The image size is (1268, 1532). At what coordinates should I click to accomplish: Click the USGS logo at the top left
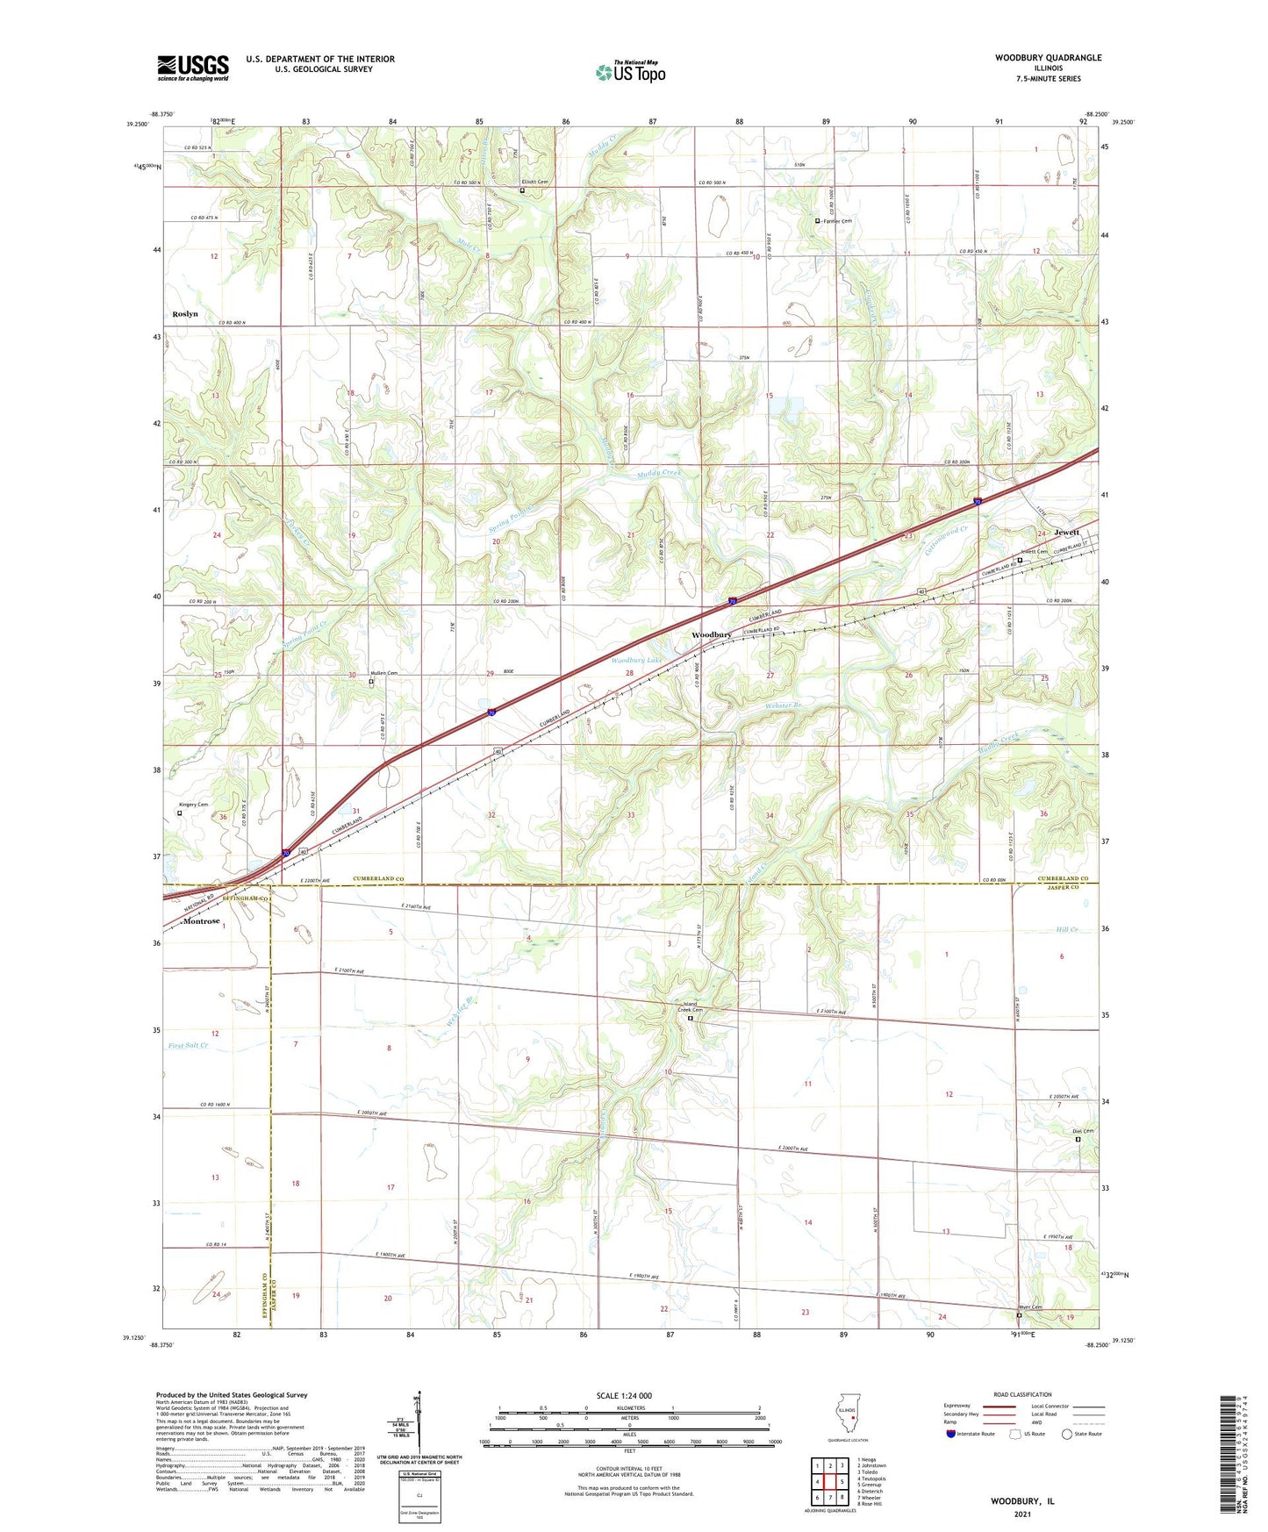(193, 67)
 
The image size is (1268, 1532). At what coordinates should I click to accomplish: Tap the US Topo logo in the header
(630, 72)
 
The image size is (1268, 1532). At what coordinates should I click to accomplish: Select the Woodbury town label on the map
(711, 634)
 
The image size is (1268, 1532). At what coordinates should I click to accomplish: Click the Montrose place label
(201, 921)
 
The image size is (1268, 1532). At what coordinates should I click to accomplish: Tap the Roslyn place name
(185, 313)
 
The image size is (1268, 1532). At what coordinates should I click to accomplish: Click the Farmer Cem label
(837, 221)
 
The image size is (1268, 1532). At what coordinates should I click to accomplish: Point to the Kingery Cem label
(194, 805)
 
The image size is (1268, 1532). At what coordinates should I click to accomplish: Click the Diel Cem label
(1084, 1131)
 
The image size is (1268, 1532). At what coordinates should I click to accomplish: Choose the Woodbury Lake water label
(635, 660)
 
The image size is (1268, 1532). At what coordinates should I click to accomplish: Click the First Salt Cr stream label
(188, 1045)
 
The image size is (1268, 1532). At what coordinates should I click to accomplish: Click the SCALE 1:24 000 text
(624, 1396)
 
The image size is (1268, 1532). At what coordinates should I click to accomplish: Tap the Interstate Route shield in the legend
(950, 1434)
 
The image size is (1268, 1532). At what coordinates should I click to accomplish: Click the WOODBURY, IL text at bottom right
(1022, 1501)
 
